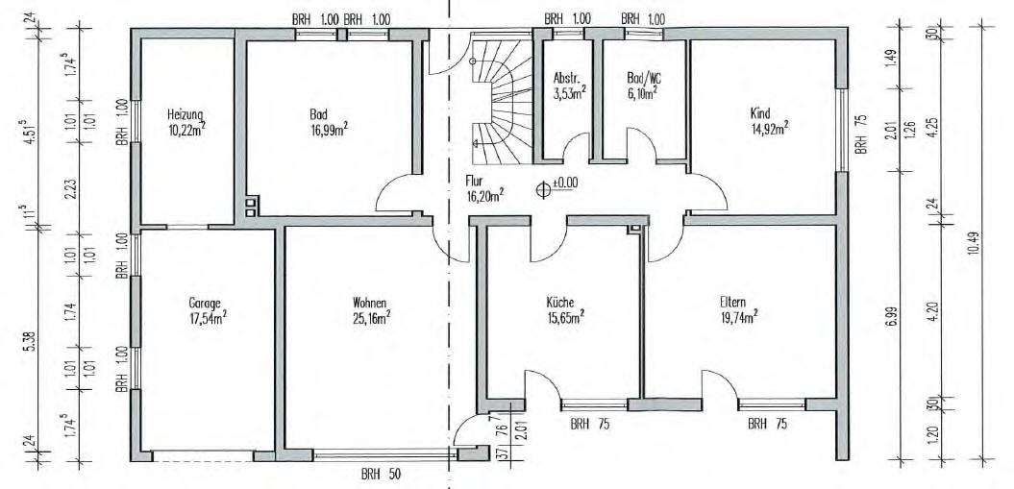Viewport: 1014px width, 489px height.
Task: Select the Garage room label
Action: [205, 303]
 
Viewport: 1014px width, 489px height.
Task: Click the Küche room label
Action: [560, 301]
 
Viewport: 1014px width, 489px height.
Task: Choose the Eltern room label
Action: [732, 301]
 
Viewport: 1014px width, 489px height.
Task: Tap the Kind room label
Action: [760, 113]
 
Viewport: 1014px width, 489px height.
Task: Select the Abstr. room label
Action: [564, 78]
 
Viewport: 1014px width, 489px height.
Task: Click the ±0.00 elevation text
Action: [565, 183]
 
